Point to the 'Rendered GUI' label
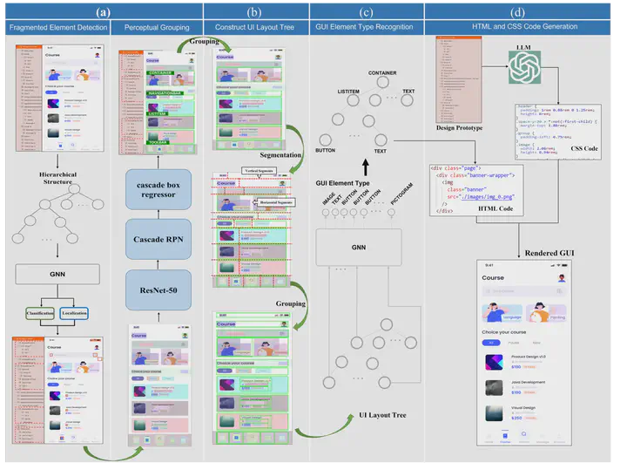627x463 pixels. (549, 253)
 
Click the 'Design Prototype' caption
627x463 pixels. (460, 129)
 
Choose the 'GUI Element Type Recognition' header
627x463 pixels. (367, 28)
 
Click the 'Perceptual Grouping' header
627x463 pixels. (158, 28)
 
